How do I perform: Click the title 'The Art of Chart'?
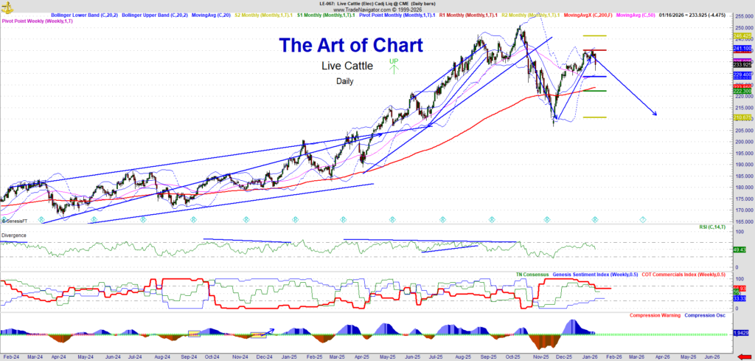350,45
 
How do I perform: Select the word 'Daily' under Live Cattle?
344,81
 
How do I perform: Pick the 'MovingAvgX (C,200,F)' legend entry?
586,15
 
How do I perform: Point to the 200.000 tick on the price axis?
742,142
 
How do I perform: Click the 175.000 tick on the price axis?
742,199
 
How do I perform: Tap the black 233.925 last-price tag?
742,64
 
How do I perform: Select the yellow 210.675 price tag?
742,117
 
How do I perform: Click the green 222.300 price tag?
742,91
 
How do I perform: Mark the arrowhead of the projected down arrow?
654,114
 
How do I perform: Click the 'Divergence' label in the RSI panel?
14,235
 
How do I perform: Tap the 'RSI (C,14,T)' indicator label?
711,228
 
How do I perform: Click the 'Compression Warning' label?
655,315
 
